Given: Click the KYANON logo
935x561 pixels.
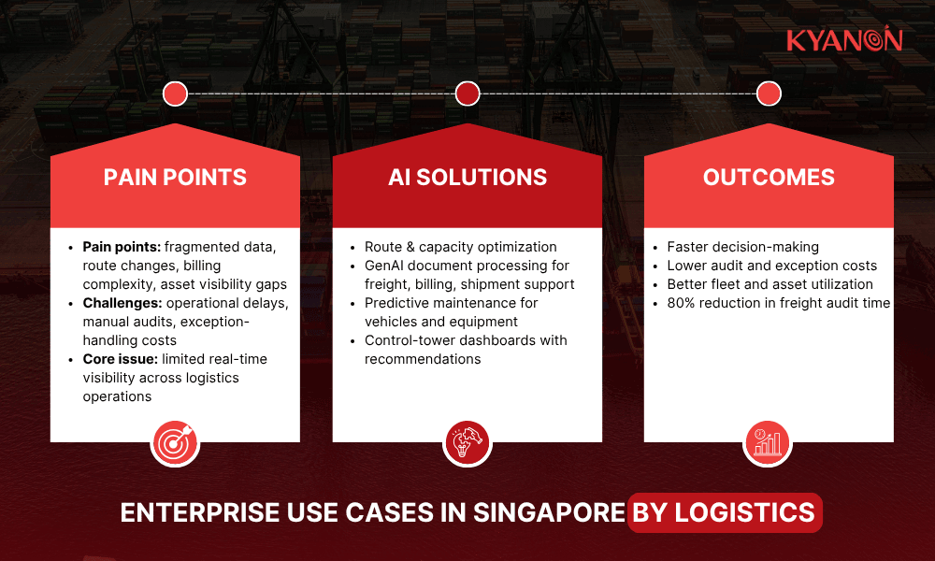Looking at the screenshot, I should [x=843, y=40].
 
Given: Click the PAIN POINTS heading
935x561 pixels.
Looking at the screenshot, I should [x=175, y=177].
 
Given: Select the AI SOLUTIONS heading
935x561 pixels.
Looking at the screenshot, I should [x=467, y=177].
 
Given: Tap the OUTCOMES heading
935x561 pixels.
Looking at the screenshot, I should [x=769, y=177].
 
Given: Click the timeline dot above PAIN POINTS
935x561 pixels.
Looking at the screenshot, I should [x=175, y=93].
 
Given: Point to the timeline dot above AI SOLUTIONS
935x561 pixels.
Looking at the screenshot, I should [x=467, y=93].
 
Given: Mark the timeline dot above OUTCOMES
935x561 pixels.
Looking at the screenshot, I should [x=769, y=93].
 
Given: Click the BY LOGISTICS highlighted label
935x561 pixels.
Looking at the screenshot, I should [x=724, y=512].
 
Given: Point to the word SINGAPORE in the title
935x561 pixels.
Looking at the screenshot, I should [x=550, y=512].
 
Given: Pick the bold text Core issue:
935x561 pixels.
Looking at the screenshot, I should [x=120, y=359].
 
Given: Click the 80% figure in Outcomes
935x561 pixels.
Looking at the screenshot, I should [x=681, y=303].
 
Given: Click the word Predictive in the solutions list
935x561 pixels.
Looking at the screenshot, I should [x=396, y=303].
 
